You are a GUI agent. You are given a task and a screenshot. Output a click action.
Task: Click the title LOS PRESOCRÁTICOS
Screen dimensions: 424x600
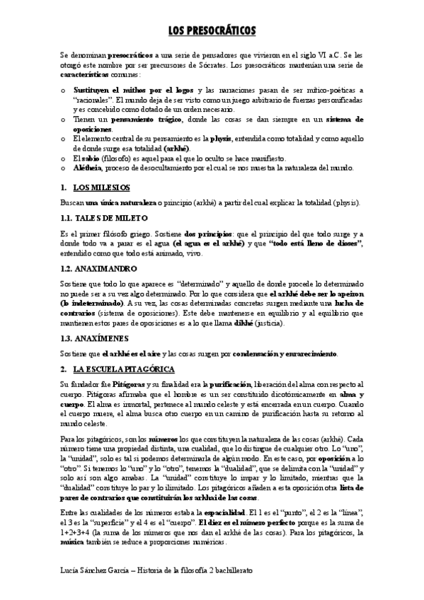pos(212,30)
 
